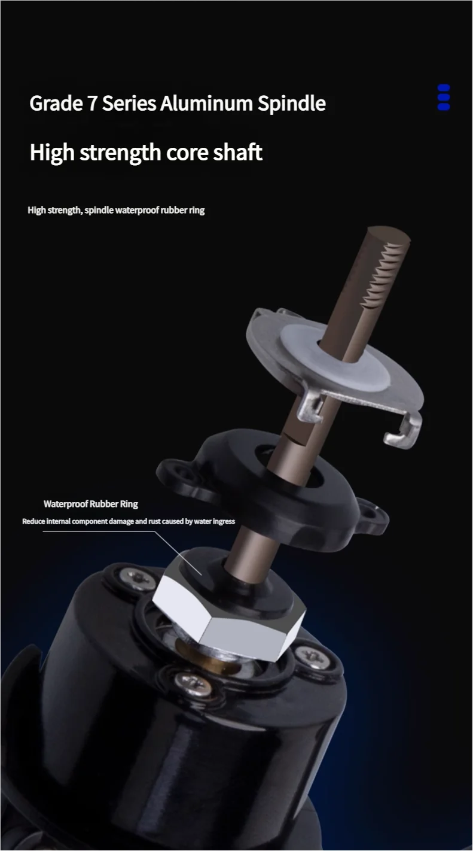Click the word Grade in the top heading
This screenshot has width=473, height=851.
(x=56, y=104)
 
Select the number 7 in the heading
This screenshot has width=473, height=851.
(x=92, y=104)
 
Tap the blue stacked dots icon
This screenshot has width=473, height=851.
(x=443, y=98)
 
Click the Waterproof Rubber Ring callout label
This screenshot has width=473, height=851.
(x=91, y=504)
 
